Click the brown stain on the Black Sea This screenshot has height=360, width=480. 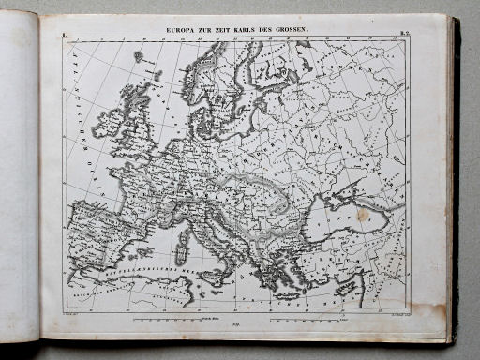pos(362,215)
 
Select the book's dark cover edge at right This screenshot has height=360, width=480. pos(456,178)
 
